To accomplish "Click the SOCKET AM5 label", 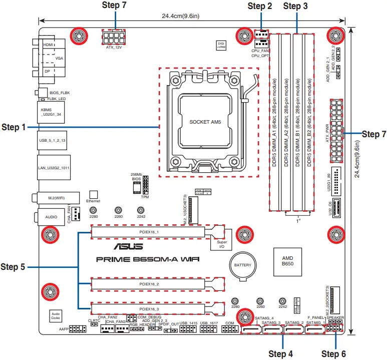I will pyautogui.click(x=208, y=122).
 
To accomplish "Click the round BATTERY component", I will pyautogui.click(x=243, y=265).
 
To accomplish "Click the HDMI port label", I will pyautogui.click(x=49, y=45).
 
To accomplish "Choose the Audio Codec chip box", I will pyautogui.click(x=55, y=315).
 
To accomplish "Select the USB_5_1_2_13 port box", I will pyautogui.click(x=53, y=141).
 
